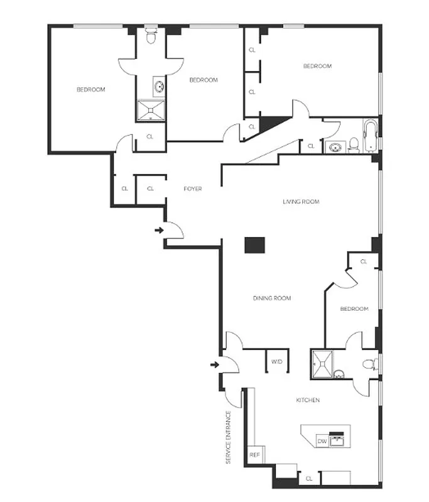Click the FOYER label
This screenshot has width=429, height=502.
(192, 188)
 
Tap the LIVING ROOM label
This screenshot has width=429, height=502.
(301, 201)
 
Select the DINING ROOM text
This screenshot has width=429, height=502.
(272, 298)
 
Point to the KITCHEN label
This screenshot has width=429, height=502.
(308, 400)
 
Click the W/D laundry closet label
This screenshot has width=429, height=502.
(276, 361)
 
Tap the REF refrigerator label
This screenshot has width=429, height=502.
(254, 454)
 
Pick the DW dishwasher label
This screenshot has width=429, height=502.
(322, 442)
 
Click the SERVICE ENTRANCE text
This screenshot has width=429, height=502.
(229, 437)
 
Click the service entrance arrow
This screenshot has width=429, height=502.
(215, 364)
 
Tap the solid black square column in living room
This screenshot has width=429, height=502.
(254, 245)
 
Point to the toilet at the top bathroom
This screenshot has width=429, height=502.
(150, 38)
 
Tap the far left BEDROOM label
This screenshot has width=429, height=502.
(90, 89)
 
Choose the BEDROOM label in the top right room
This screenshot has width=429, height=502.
(317, 66)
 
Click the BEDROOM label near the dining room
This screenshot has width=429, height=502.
(354, 309)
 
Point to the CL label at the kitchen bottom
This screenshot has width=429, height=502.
(308, 479)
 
